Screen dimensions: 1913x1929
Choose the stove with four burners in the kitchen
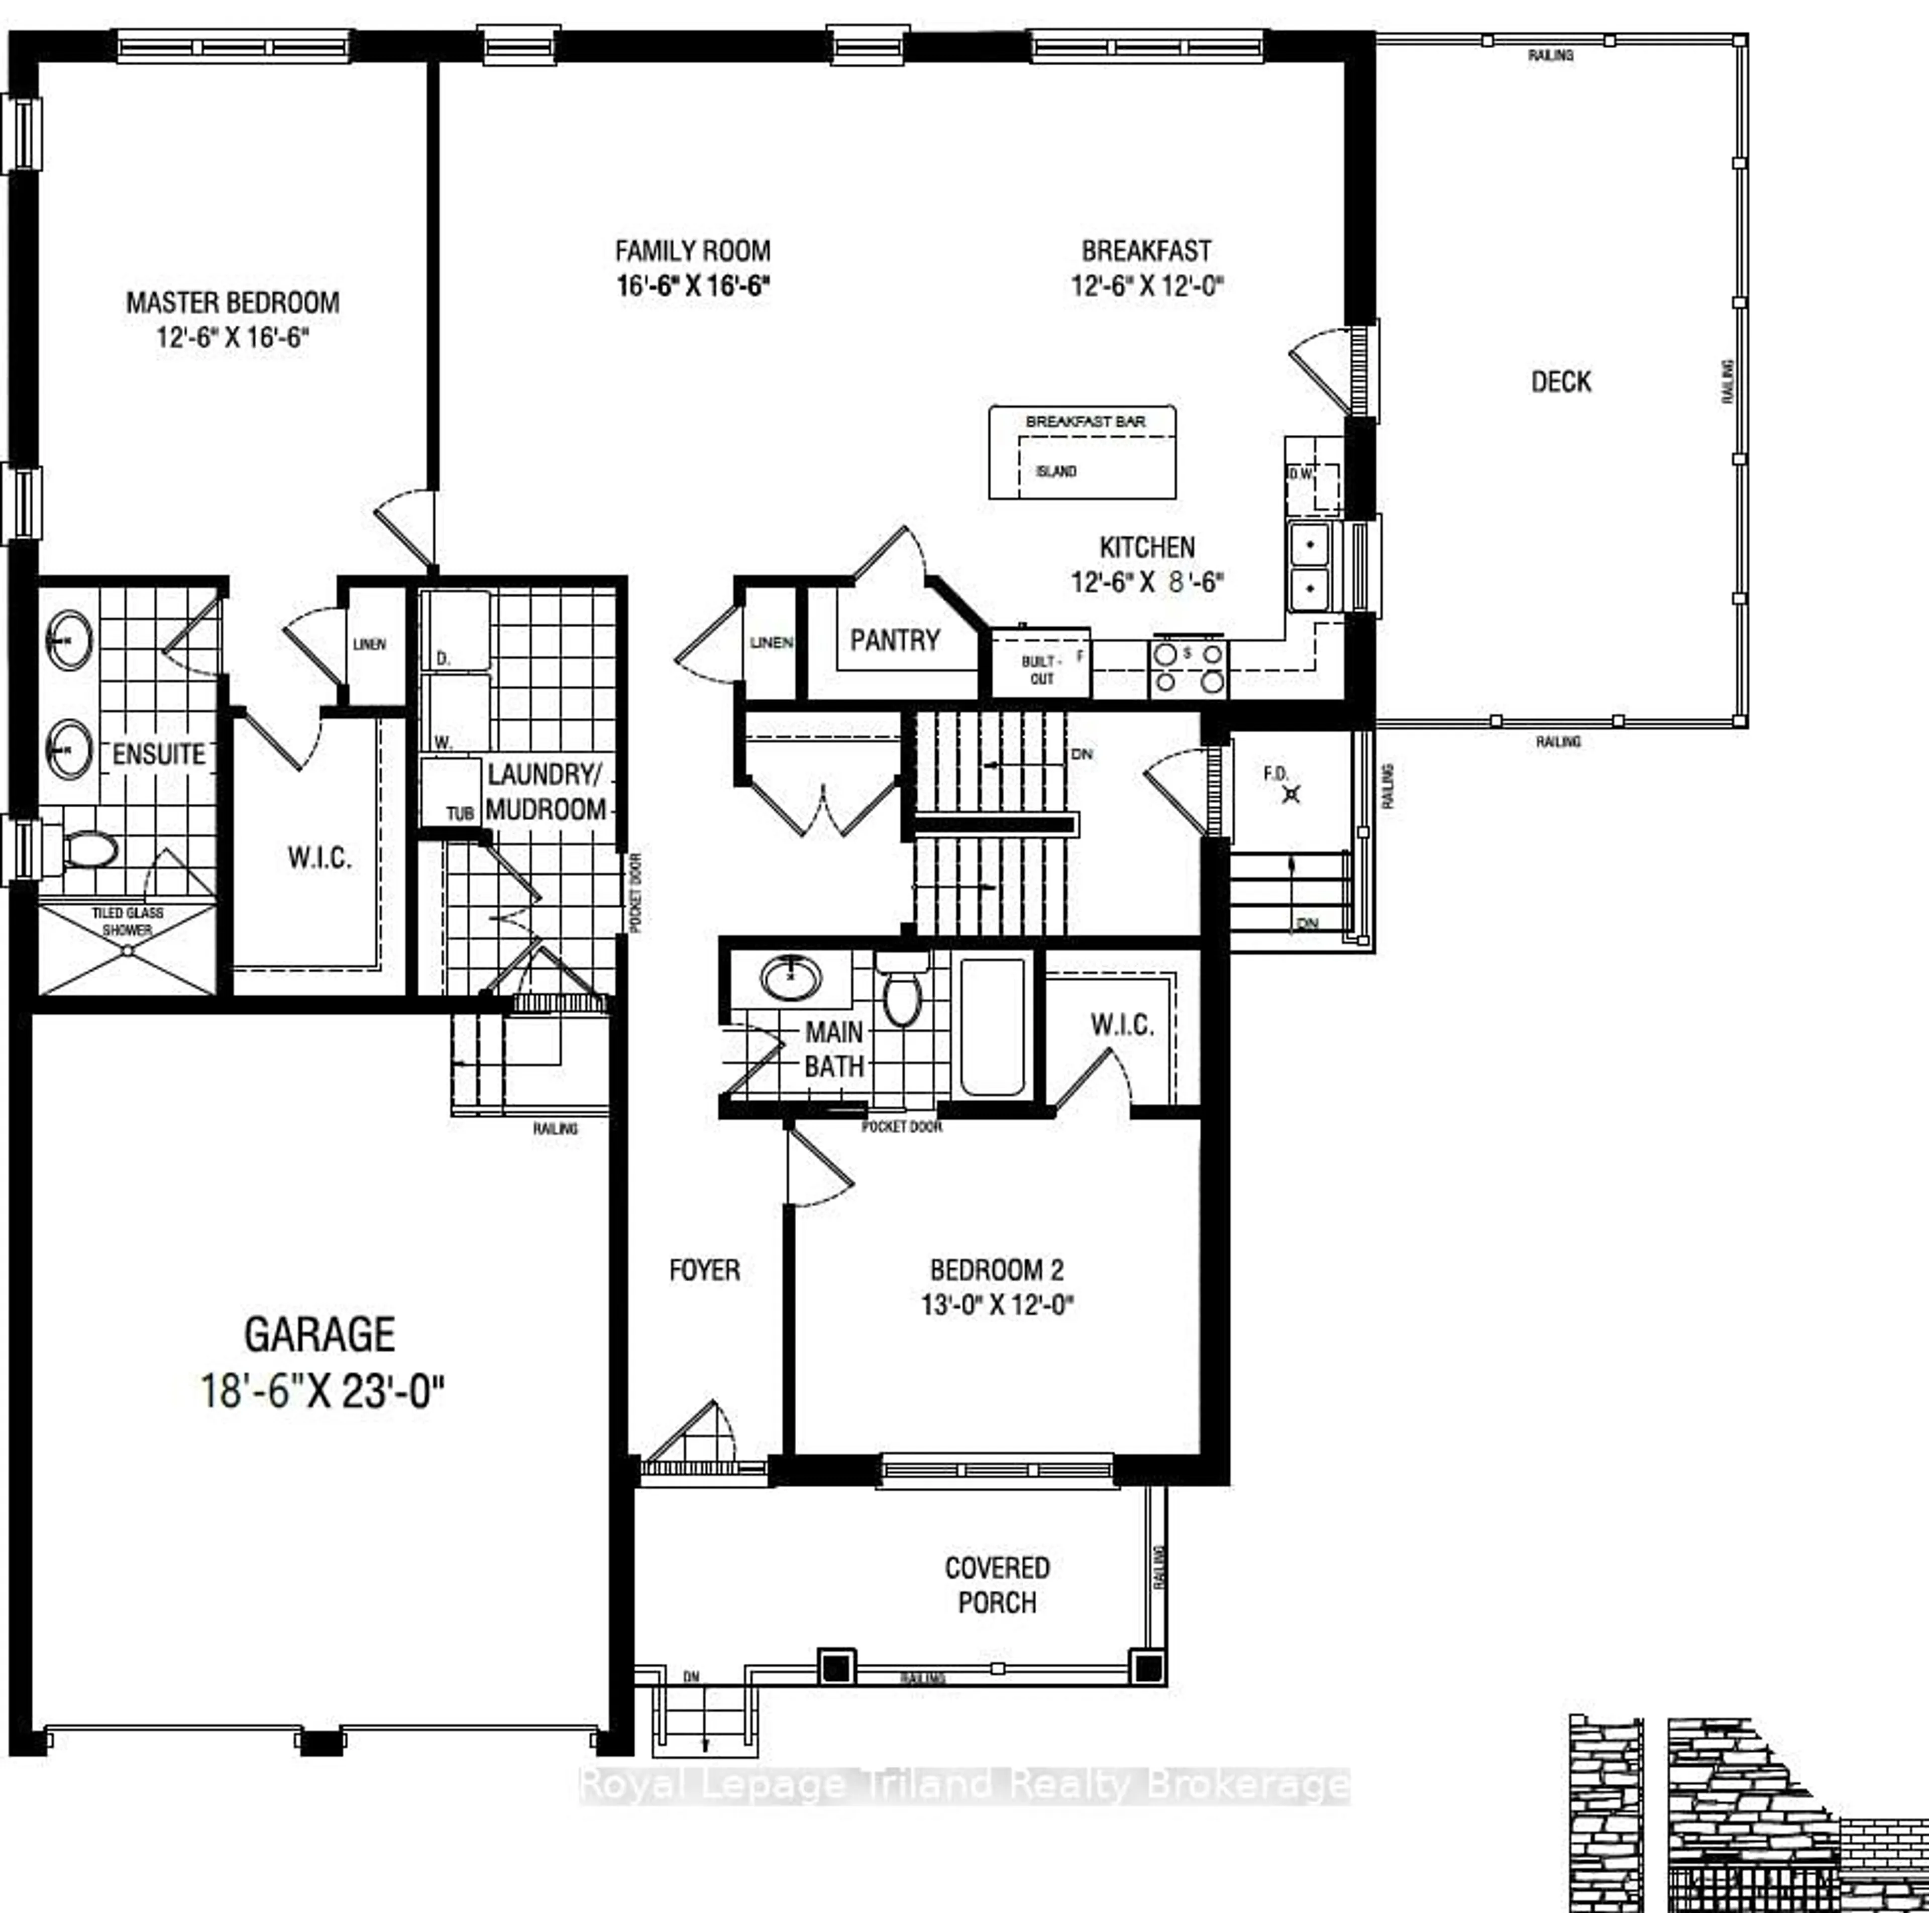pos(1188,667)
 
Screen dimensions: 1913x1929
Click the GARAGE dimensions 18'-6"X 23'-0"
pos(321,1391)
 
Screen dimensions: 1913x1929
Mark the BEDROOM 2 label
pos(997,1270)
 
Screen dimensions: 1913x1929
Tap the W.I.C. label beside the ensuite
pos(319,857)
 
